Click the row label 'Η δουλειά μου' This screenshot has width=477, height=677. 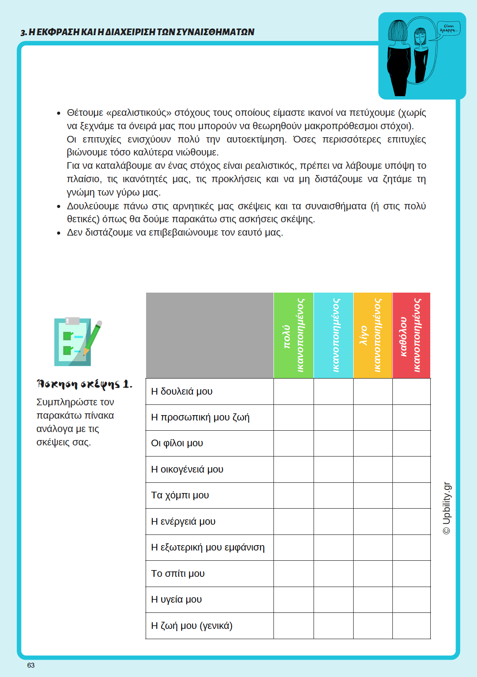[182, 392]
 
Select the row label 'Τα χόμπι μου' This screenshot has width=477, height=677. [180, 495]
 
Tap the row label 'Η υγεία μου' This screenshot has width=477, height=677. [176, 600]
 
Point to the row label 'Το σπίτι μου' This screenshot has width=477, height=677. [178, 574]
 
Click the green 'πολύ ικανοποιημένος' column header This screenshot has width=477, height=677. [294, 335]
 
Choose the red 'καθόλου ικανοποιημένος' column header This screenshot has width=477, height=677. [411, 335]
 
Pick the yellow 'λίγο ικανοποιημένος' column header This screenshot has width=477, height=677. [372, 335]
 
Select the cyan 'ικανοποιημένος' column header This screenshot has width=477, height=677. [334, 335]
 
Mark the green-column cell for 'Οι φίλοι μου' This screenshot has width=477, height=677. [294, 443]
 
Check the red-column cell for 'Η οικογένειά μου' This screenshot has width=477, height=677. [411, 469]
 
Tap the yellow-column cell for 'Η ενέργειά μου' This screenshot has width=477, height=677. [372, 522]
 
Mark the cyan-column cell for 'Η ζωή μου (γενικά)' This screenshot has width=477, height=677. [334, 626]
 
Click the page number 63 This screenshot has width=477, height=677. [31, 665]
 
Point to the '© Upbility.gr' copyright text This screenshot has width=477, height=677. [446, 508]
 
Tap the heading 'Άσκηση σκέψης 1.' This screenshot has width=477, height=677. [84, 384]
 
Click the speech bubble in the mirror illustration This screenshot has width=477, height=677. [448, 28]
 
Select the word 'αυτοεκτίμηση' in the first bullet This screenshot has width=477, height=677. [256, 139]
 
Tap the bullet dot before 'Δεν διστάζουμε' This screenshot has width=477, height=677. [58, 233]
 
